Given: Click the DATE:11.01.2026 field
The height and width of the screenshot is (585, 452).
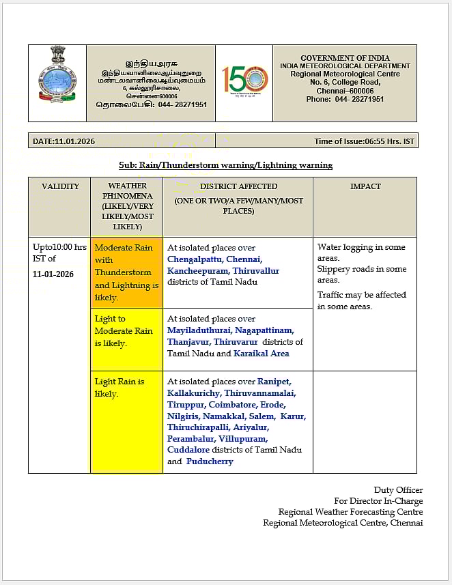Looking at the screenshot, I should (x=64, y=141).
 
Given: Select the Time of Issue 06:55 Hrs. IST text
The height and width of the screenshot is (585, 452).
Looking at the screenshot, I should (x=364, y=141).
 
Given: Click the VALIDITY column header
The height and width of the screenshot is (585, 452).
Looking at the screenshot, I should (x=60, y=186).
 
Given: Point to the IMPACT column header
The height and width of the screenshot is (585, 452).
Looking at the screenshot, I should (x=365, y=186).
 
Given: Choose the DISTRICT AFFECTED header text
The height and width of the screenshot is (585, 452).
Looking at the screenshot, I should (x=238, y=186).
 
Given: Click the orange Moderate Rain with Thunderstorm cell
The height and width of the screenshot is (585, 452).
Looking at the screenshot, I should (x=126, y=272).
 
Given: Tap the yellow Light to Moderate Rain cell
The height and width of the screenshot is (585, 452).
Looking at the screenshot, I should (x=126, y=331).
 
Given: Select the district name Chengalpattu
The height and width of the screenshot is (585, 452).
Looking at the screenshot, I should (x=193, y=259).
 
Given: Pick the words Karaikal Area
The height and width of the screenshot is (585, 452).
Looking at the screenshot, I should (x=262, y=354).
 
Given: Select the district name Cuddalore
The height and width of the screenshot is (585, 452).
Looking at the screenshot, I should (x=188, y=450).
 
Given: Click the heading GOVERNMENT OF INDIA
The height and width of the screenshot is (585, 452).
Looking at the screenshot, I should (x=345, y=58).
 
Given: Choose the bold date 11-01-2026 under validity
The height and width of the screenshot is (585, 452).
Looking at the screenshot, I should (x=53, y=274).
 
